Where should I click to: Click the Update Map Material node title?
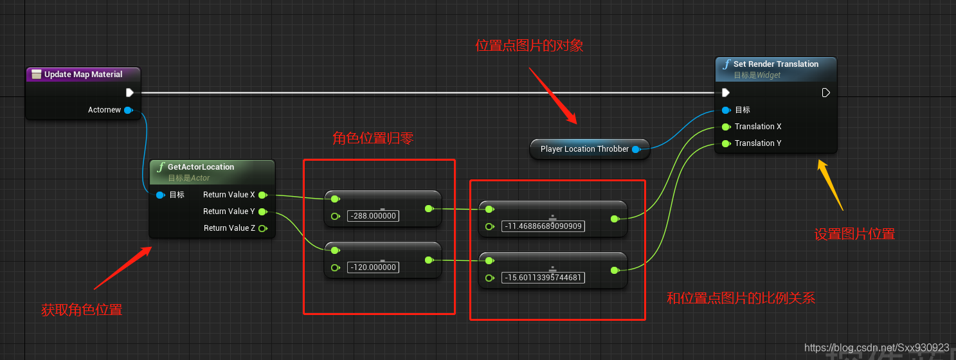point(83,75)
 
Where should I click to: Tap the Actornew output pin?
point(128,110)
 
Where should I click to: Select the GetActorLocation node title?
point(201,166)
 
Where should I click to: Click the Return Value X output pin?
point(262,195)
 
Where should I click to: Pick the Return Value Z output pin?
point(262,228)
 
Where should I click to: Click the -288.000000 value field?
point(373,216)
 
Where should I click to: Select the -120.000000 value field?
point(373,267)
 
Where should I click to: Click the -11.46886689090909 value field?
point(543,226)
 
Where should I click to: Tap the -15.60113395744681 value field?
point(543,278)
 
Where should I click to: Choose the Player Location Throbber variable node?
point(584,149)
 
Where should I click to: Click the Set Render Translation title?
point(776,64)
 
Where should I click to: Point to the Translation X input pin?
point(726,127)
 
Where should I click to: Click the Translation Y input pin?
point(726,143)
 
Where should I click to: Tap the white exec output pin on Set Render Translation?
point(826,93)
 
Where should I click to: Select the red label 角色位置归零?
point(373,138)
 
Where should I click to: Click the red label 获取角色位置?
point(82,310)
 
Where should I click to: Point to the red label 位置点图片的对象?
point(529,46)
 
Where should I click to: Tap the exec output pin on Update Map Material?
point(130,93)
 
